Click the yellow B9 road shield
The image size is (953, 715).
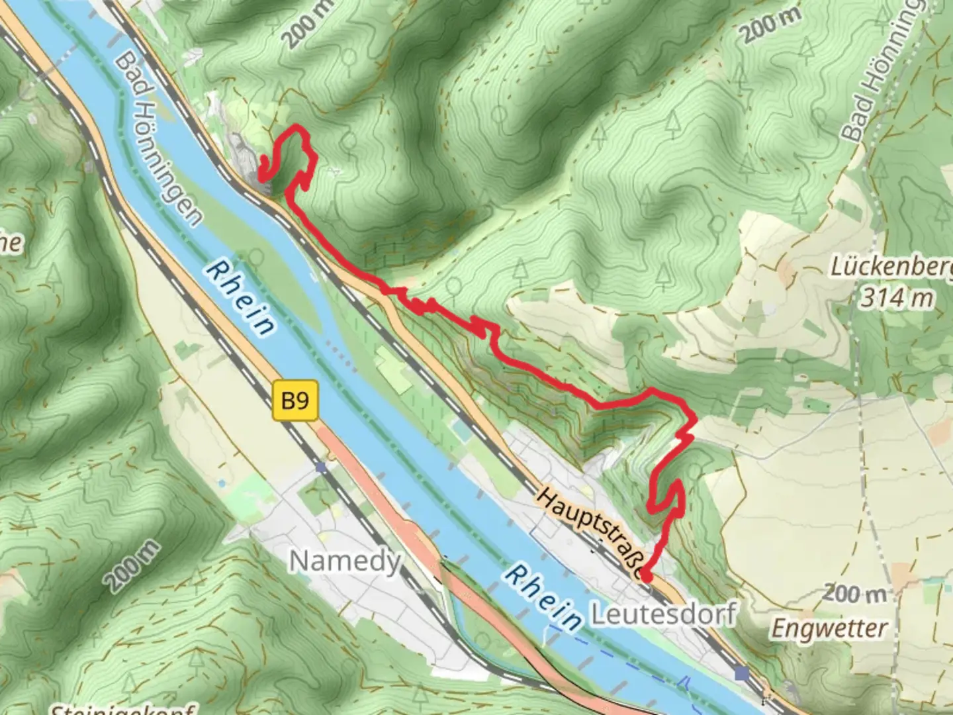(295, 401)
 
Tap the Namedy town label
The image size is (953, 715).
(345, 561)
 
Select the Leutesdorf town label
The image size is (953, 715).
(662, 614)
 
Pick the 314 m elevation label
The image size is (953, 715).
(896, 298)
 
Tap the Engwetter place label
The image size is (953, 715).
(829, 628)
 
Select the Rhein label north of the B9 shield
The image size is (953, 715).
(240, 297)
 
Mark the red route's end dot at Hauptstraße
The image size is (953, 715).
(646, 577)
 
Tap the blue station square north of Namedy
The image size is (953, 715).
(321, 467)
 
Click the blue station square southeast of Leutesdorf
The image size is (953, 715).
(742, 673)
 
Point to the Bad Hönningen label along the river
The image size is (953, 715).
(158, 138)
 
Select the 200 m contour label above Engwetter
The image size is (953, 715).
(853, 593)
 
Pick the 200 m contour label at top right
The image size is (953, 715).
(770, 26)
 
